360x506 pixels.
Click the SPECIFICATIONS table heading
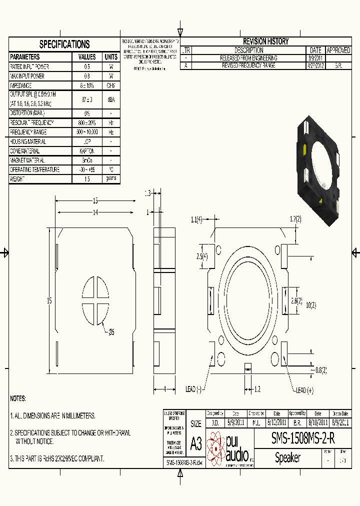pyautogui.click(x=64, y=44)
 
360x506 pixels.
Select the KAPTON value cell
pyautogui.click(x=87, y=150)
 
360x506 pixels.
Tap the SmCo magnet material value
pyautogui.click(x=87, y=160)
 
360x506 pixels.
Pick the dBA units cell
pyautogui.click(x=111, y=99)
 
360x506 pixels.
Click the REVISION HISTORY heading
pyautogui.click(x=265, y=41)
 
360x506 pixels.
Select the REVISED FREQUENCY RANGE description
pyautogui.click(x=249, y=65)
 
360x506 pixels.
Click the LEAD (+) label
pyautogui.click(x=304, y=390)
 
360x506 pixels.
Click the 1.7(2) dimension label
pyautogui.click(x=295, y=219)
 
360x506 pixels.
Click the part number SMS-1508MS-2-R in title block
pyautogui.click(x=303, y=438)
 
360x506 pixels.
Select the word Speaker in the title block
pyautogui.click(x=287, y=458)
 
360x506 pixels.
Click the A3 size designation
pyautogui.click(x=196, y=443)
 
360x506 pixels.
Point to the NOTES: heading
pyautogui.click(x=18, y=398)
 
